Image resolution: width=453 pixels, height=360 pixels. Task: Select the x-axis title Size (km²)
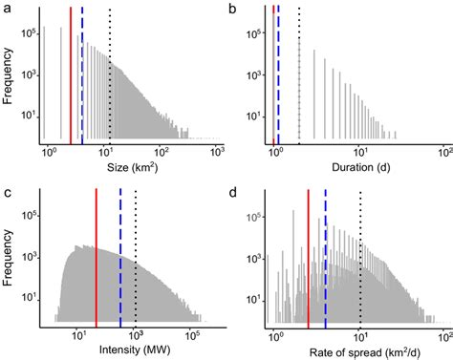(131, 169)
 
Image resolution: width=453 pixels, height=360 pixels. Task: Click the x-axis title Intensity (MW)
(131, 351)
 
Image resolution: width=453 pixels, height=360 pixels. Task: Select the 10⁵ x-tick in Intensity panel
(192, 335)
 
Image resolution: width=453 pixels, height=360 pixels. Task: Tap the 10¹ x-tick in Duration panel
(359, 153)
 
